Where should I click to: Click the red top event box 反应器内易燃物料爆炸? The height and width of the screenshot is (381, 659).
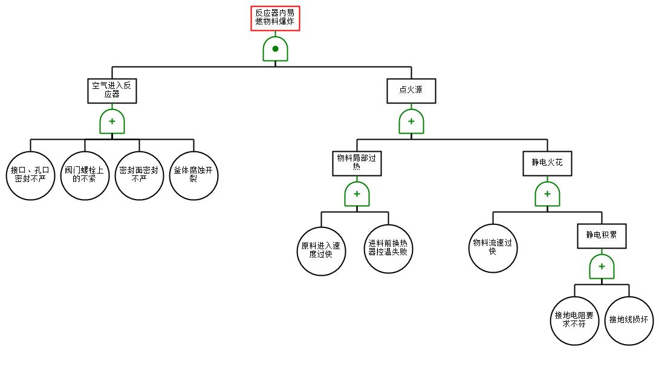(x=275, y=19)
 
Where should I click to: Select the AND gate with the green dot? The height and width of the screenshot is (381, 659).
(x=275, y=49)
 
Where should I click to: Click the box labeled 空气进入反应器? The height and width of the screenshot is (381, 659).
(x=112, y=91)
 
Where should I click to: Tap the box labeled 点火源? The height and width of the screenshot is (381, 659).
(x=412, y=91)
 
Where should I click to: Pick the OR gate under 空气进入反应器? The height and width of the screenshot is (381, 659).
(x=112, y=122)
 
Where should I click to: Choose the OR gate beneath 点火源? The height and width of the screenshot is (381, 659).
(x=412, y=122)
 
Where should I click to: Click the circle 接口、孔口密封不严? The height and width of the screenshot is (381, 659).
(x=30, y=176)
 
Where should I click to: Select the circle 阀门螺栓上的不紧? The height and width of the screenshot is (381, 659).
(x=85, y=176)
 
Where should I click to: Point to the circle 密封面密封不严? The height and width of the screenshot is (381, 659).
(x=139, y=176)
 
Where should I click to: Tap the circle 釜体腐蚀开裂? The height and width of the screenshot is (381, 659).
(x=193, y=176)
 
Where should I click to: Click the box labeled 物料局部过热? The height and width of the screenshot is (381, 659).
(x=357, y=163)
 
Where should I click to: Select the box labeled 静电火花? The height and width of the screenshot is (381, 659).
(x=547, y=163)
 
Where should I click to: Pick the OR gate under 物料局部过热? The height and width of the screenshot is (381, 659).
(x=357, y=194)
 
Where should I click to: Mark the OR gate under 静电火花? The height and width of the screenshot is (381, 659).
(x=547, y=194)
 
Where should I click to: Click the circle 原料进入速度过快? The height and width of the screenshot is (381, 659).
(x=322, y=252)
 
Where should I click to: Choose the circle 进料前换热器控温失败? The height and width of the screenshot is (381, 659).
(x=388, y=249)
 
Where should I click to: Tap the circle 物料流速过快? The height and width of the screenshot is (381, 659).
(x=493, y=249)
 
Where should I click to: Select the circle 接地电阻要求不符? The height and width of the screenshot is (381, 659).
(x=574, y=321)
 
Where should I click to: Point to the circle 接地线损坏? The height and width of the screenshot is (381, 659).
(x=629, y=321)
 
